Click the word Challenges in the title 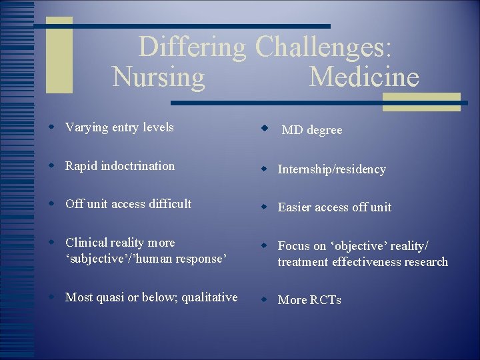(x=324, y=47)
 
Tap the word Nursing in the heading (x=159, y=77)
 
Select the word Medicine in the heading (x=364, y=77)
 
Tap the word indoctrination (x=139, y=166)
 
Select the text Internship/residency (x=331, y=169)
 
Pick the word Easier (x=295, y=207)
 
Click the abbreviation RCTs (x=325, y=300)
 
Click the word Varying (x=86, y=127)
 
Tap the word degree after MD (x=324, y=130)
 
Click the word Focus (x=293, y=246)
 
